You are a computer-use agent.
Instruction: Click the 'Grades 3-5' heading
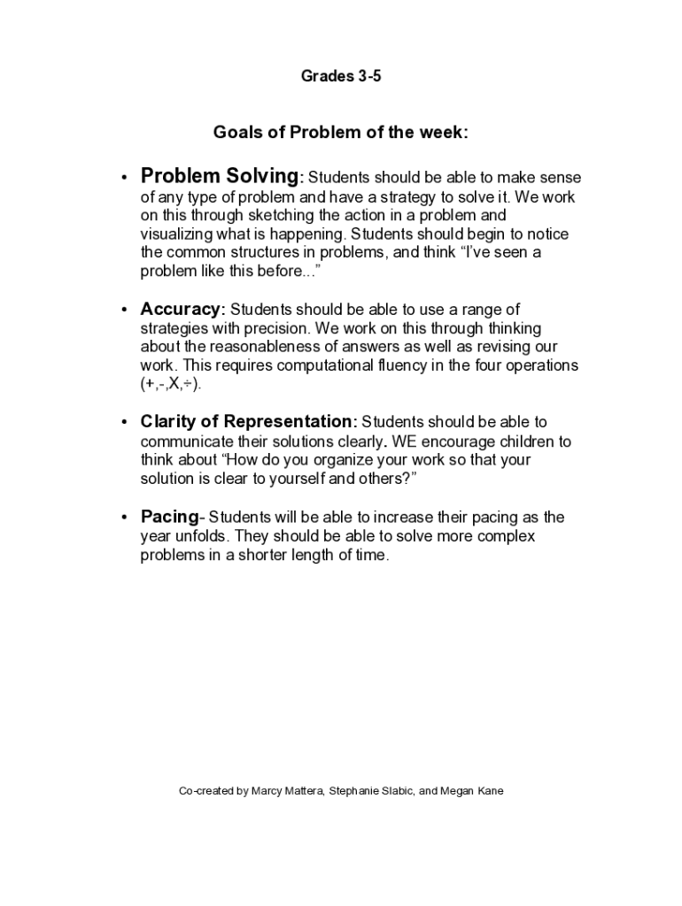(x=341, y=77)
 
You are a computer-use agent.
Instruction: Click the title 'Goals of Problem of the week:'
(x=341, y=133)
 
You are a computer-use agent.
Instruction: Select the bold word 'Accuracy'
(x=181, y=309)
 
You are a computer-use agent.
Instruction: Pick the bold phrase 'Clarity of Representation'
(x=246, y=421)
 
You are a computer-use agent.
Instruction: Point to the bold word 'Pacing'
(x=169, y=517)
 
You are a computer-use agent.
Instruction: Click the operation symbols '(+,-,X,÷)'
(x=177, y=384)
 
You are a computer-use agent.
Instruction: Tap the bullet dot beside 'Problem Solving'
(x=125, y=178)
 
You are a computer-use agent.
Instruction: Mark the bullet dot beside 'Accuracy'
(x=125, y=311)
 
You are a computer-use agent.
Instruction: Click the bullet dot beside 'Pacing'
(x=125, y=518)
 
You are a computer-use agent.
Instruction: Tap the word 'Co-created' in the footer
(x=207, y=791)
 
